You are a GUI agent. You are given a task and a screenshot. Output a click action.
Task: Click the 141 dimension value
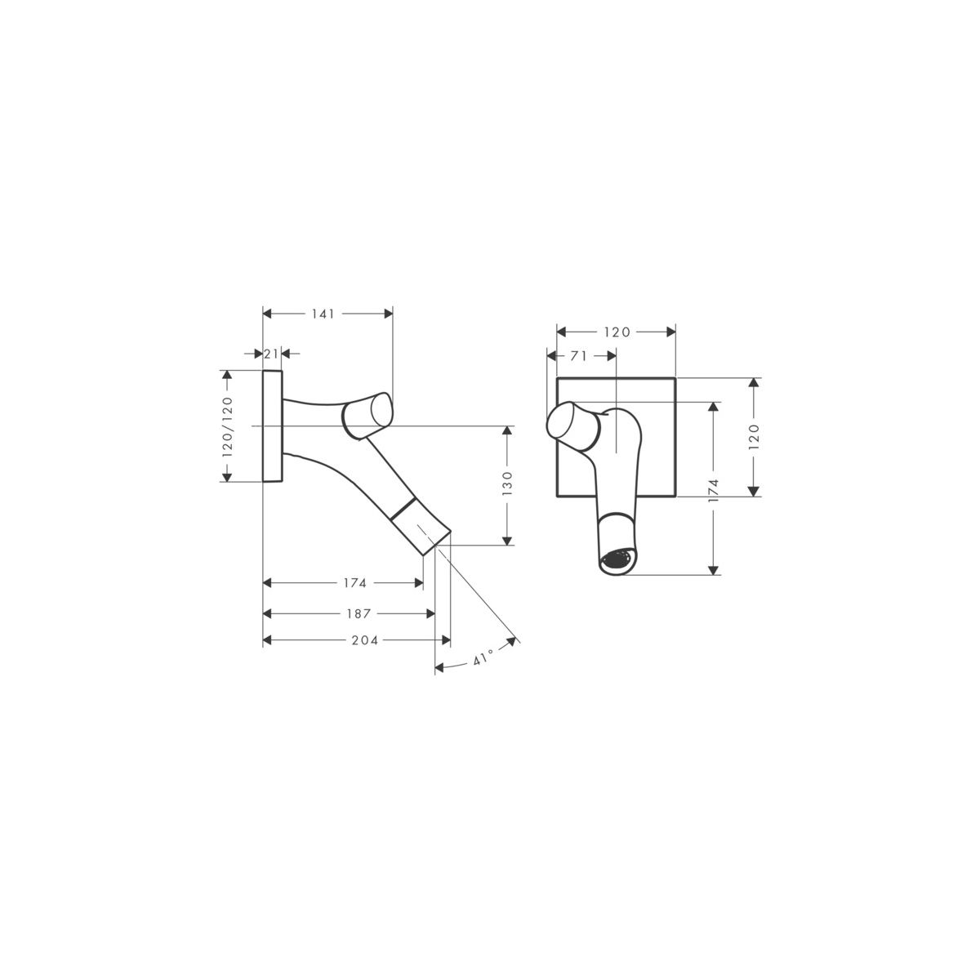pyautogui.click(x=323, y=314)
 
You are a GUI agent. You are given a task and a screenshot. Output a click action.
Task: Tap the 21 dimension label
pyautogui.click(x=271, y=354)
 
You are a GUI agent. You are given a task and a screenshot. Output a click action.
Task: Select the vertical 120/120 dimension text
pyautogui.click(x=227, y=426)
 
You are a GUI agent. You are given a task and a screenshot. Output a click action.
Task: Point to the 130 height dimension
pyautogui.click(x=507, y=483)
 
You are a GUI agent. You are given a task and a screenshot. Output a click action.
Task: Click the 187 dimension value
pyautogui.click(x=359, y=614)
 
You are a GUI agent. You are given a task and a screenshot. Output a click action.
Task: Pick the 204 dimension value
pyautogui.click(x=364, y=640)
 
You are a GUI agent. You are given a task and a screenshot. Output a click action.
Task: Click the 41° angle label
pyautogui.click(x=483, y=657)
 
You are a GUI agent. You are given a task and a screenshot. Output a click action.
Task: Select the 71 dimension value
pyautogui.click(x=578, y=357)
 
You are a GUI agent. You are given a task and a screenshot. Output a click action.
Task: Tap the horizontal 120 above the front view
pyautogui.click(x=617, y=332)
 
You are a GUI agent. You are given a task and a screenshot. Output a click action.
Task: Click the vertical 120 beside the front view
pyautogui.click(x=754, y=436)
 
